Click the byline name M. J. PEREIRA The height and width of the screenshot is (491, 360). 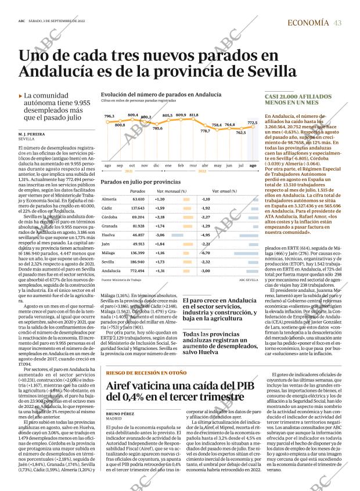[33, 135]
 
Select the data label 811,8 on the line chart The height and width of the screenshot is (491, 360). [194, 115]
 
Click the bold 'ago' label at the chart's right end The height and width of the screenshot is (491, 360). [253, 166]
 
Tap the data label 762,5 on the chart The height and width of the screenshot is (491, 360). [240, 132]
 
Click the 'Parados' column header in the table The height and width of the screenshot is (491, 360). [138, 191]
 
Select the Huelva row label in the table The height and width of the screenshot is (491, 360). [107, 235]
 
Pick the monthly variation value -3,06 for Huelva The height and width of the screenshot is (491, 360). [160, 235]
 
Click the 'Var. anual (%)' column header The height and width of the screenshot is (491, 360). [224, 191]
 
